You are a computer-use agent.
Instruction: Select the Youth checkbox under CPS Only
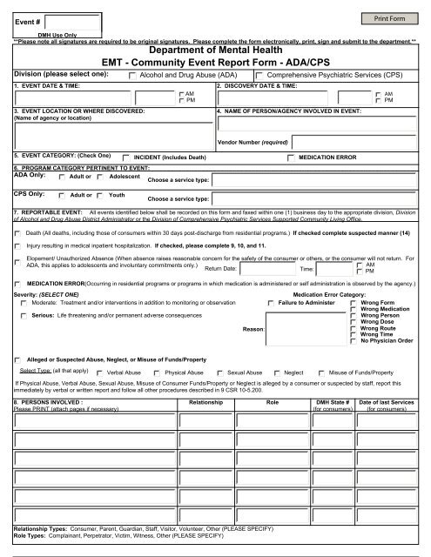102,197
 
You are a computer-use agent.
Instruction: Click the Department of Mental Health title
215,50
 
